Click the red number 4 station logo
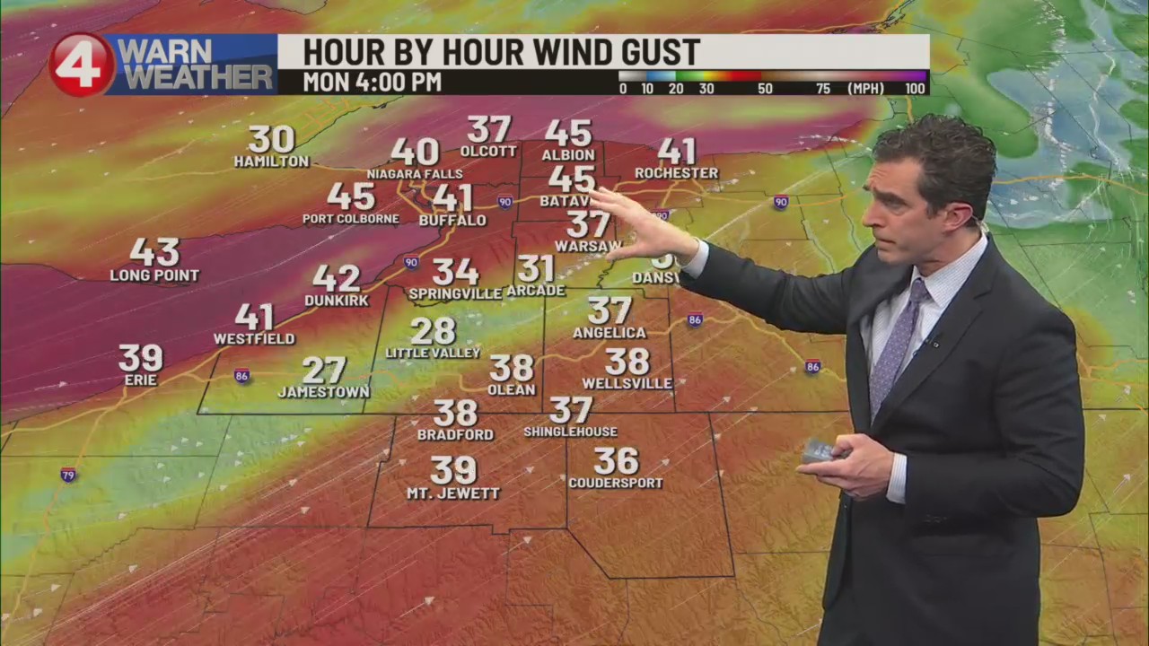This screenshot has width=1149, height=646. click(x=82, y=65)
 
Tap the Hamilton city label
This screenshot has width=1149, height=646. click(x=271, y=161)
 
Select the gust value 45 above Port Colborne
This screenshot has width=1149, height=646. click(x=350, y=196)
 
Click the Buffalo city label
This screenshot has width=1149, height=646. click(x=452, y=220)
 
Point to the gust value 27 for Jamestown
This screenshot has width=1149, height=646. click(x=324, y=370)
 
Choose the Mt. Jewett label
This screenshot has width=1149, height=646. click(x=453, y=493)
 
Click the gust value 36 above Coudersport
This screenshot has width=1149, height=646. click(x=616, y=461)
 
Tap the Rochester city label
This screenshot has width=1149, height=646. click(x=676, y=173)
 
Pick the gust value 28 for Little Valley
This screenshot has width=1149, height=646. click(x=433, y=331)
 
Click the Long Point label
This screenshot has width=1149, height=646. click(x=154, y=275)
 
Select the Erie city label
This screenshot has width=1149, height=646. click(x=141, y=380)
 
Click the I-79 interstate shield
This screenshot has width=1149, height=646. click(x=68, y=474)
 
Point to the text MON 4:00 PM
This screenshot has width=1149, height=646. click(x=372, y=83)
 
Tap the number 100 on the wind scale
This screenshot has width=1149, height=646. click(x=915, y=89)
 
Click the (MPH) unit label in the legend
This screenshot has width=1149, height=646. click(x=865, y=89)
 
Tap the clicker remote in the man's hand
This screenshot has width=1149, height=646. click(x=819, y=450)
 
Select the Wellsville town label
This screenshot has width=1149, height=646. click(x=627, y=384)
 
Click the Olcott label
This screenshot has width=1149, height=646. click(x=488, y=152)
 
